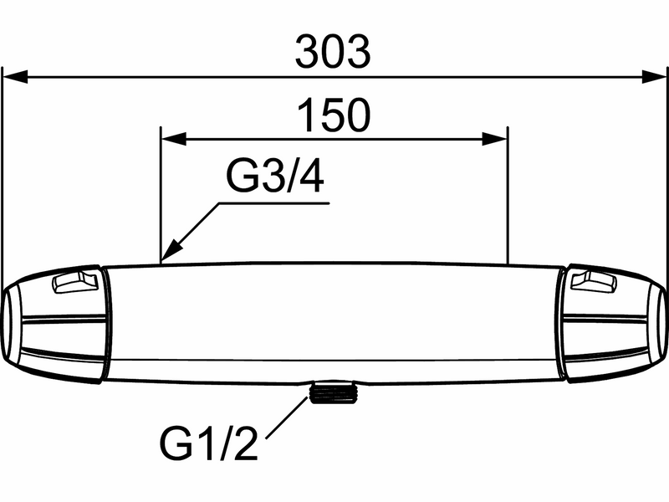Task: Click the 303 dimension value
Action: click(333, 52)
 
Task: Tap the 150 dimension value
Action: click(334, 115)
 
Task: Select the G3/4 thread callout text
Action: click(275, 177)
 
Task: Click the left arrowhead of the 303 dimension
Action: click(15, 77)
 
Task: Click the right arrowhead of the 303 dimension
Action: click(654, 77)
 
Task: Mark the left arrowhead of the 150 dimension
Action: click(174, 139)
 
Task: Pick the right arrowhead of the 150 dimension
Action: click(494, 139)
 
